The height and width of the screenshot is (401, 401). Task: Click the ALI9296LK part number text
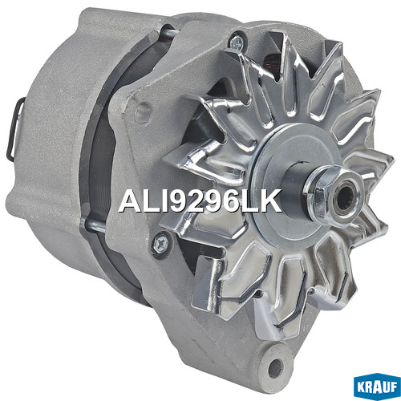(200, 200)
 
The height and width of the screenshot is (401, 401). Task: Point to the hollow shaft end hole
(346, 199)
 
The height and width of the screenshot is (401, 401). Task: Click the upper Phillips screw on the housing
(237, 43)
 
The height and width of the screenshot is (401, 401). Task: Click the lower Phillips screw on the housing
(161, 243)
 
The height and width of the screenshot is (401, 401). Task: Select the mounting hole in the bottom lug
(276, 367)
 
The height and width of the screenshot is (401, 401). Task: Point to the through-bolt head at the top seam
(169, 31)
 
